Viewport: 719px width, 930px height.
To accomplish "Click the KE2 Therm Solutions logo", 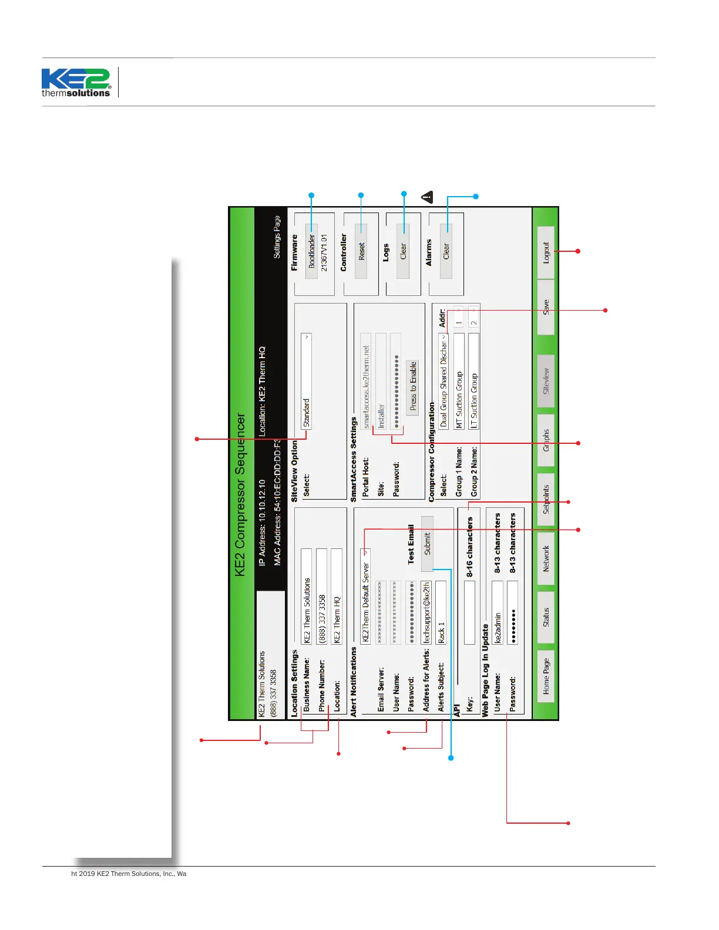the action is coord(76,83).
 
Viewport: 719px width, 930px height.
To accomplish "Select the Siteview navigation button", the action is coord(546,381).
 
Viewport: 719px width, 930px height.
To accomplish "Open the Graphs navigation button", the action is coord(546,440).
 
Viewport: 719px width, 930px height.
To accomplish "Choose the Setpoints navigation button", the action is coord(546,499).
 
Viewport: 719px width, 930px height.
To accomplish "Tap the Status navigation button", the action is coord(546,617).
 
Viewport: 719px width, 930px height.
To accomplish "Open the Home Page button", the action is coord(546,676).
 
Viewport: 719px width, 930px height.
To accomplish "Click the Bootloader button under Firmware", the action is coord(312,251).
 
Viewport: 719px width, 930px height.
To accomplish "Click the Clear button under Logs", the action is coord(403,251).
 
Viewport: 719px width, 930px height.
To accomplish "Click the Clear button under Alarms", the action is coord(446,251).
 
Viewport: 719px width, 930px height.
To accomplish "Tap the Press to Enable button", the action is coord(413,387).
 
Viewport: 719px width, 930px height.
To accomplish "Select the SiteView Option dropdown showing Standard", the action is coord(306,382).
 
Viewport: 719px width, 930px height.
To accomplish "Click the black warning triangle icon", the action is coord(427,197).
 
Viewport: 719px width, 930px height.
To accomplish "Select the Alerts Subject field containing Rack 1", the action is coord(441,612).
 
